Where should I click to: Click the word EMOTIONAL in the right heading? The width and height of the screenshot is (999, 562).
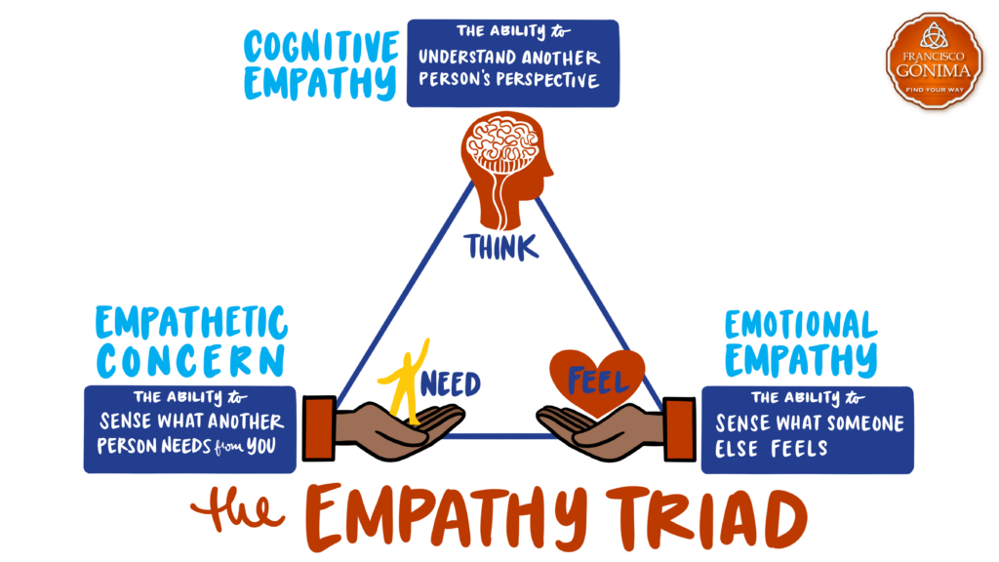tap(801, 325)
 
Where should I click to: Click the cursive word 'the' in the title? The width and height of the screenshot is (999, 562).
tap(235, 511)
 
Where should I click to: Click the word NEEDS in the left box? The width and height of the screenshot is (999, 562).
tap(213, 446)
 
